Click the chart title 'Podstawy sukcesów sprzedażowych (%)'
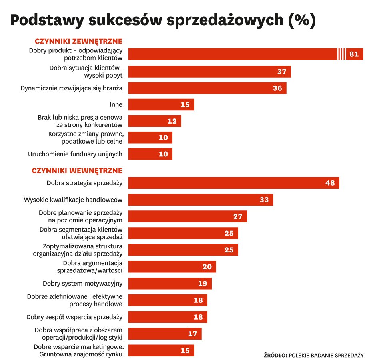click(x=163, y=21)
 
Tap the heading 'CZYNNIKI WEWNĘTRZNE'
click(x=77, y=171)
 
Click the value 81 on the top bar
click(x=354, y=54)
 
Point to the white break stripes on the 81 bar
click(x=341, y=54)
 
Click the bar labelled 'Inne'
click(x=161, y=105)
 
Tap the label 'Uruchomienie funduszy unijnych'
click(x=75, y=154)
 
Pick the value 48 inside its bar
click(x=330, y=183)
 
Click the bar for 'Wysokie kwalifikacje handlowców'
click(x=200, y=200)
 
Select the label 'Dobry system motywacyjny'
click(x=82, y=284)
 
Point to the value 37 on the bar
click(x=282, y=72)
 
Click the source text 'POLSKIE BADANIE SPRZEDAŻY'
click(x=326, y=355)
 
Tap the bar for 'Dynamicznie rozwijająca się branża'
click(x=207, y=88)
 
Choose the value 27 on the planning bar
click(x=238, y=217)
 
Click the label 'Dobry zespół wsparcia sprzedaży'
click(x=74, y=317)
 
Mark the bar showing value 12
click(x=154, y=121)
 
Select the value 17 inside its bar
click(x=193, y=334)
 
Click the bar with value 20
click(x=172, y=267)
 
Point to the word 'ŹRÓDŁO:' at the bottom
click(x=275, y=355)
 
